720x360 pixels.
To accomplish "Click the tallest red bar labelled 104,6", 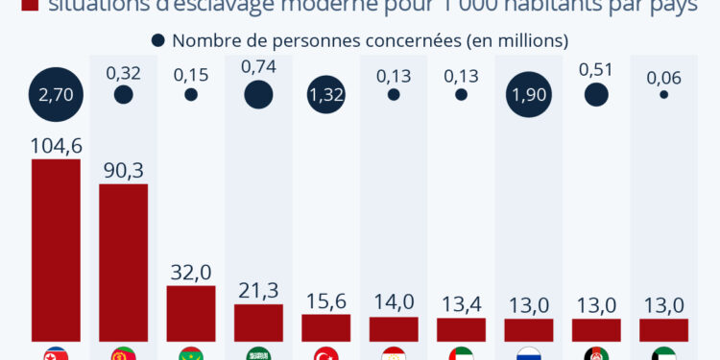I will pos(56,250).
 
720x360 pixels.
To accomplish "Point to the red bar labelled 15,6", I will pos(325,327).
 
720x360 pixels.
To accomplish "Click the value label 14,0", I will pos(394,301).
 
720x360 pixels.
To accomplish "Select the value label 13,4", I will pos(461,302).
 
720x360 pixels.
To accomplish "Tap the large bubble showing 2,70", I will pos(56,94).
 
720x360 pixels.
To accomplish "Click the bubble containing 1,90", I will pos(528,94).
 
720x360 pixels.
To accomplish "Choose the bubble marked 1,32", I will pos(325,94).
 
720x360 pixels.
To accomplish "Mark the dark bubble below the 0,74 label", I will pos(258,94).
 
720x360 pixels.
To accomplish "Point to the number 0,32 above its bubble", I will pos(123,71).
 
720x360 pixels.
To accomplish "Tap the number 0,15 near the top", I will pos(191,74).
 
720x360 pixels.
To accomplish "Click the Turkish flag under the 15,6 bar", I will pos(325,354).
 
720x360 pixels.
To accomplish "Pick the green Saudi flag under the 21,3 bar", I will pos(258,354).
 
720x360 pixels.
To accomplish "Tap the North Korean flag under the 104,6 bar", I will pos(56,354).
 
